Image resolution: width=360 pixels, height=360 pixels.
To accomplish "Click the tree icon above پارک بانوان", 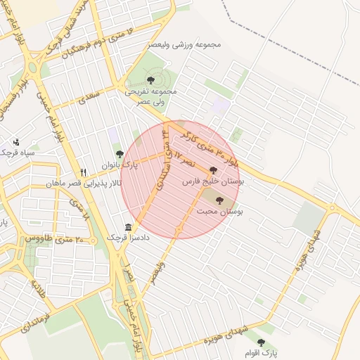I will pos(120,154).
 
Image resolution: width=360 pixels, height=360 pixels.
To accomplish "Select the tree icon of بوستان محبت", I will pos(228,200).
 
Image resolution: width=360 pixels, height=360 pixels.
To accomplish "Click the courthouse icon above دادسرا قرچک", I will pos(128,228).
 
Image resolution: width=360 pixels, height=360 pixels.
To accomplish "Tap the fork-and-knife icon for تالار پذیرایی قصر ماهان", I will pos(84,172).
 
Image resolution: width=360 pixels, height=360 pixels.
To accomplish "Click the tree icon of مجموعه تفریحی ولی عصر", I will pos(151,79).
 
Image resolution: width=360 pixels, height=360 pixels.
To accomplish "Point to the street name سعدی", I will pos(89,98).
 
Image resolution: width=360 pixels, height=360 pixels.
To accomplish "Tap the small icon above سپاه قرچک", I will pos(16,141).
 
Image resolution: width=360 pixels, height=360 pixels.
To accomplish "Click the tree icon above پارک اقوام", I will pos(262,342).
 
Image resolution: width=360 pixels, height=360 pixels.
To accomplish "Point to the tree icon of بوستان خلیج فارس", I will pos(213,170).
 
